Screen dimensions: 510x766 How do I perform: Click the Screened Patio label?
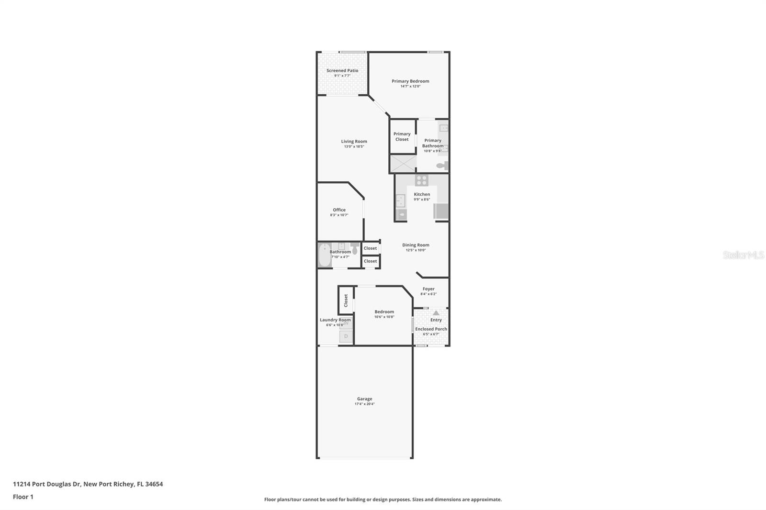[342, 71]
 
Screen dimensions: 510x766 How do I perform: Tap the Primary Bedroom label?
[410, 81]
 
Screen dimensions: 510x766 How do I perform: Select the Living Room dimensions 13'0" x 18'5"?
[354, 147]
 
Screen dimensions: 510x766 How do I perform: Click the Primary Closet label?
[402, 137]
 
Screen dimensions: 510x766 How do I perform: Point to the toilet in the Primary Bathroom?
[442, 166]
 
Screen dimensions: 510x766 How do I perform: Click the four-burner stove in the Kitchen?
[422, 180]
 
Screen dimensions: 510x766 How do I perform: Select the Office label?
[339, 210]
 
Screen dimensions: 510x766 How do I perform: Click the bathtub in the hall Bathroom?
[324, 255]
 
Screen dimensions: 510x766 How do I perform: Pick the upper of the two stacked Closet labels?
[370, 248]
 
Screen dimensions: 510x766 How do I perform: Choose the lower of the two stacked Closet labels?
[370, 261]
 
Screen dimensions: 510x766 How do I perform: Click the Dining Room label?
[416, 245]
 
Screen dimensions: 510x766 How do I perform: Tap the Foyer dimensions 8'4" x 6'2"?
[428, 294]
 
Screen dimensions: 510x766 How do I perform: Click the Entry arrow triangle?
[436, 313]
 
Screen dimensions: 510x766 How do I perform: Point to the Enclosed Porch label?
[431, 329]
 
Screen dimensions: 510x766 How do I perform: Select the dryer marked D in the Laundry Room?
[346, 336]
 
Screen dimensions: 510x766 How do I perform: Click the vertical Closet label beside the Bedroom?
[346, 300]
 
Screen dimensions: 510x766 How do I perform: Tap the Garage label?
[364, 399]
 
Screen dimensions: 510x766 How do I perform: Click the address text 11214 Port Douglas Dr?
[47, 484]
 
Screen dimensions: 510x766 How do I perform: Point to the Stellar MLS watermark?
[743, 255]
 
